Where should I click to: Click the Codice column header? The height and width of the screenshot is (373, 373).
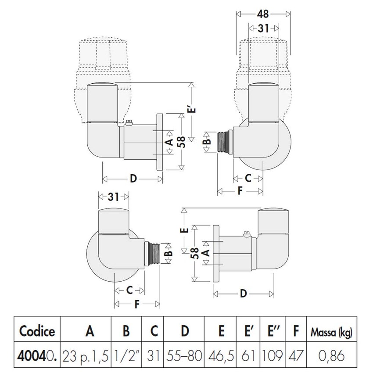37,330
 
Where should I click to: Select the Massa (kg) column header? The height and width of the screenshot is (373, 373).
332,330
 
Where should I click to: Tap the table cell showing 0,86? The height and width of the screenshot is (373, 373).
332,354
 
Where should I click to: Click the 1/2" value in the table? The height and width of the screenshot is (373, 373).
126,354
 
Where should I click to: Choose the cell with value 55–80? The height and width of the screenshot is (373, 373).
184,354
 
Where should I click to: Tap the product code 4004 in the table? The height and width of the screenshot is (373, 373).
34,354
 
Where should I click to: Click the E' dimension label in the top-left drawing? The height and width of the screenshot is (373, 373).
193,108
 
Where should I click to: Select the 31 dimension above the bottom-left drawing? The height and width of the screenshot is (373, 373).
113,197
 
